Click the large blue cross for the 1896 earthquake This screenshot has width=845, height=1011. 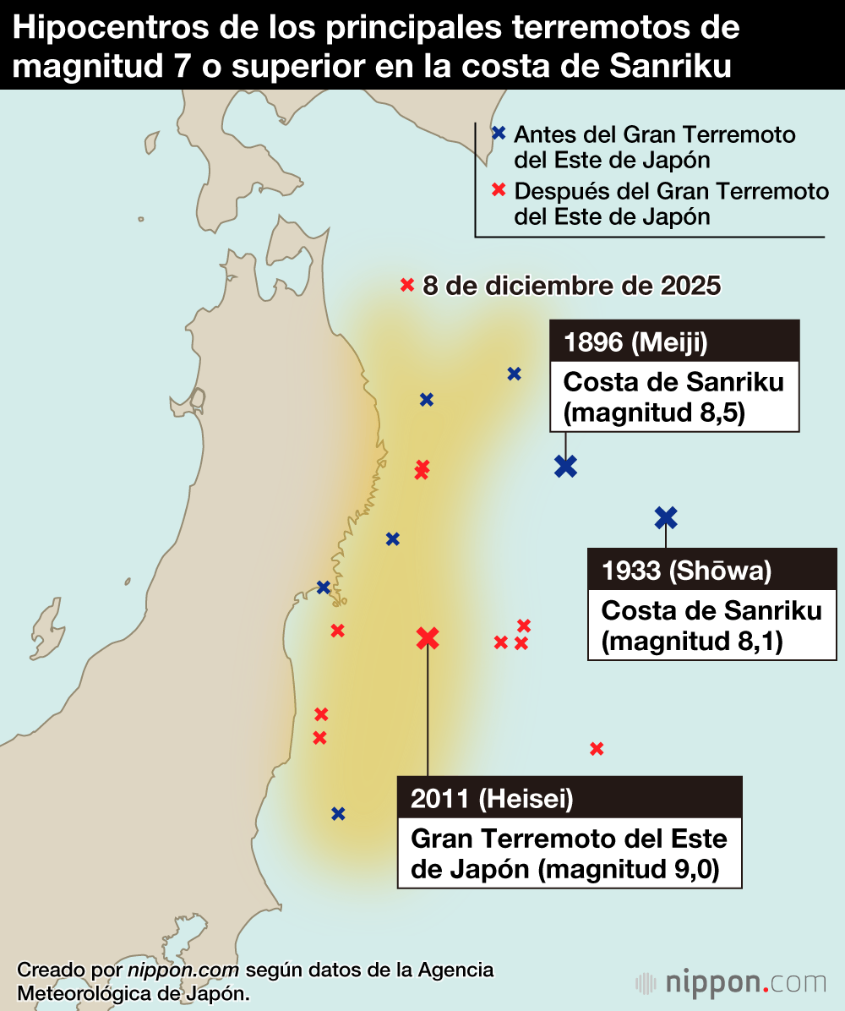tap(565, 465)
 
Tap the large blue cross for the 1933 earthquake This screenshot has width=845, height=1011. tap(666, 517)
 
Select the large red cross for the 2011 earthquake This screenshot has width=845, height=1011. tap(428, 638)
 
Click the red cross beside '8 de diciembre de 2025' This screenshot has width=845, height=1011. tap(407, 286)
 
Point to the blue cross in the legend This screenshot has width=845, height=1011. tap(499, 133)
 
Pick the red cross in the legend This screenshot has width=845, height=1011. tap(499, 190)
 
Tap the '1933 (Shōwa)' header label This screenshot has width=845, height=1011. tap(687, 571)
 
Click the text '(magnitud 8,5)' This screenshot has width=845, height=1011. tap(653, 414)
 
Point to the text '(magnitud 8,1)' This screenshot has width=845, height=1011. tap(692, 642)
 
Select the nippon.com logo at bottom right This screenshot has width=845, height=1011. tap(731, 983)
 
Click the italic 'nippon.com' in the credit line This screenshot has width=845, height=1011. tap(183, 970)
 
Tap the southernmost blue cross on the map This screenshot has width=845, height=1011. tap(338, 814)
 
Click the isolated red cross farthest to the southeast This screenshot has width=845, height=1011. tap(597, 748)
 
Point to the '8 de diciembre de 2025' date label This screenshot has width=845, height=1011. tap(571, 286)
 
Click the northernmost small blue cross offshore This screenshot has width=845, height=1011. tap(514, 374)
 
